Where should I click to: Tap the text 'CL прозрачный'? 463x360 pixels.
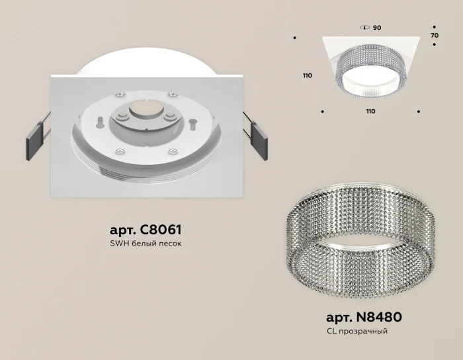click(357, 330)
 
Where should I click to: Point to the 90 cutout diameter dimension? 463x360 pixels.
click(377, 28)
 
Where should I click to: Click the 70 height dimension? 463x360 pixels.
click(435, 34)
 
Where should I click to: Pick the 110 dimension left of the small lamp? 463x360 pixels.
click(307, 76)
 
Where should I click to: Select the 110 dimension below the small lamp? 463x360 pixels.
click(370, 111)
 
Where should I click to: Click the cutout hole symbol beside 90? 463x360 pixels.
click(363, 28)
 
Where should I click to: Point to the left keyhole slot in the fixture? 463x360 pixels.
click(99, 122)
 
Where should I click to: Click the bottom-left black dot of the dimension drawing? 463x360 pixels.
click(322, 111)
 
